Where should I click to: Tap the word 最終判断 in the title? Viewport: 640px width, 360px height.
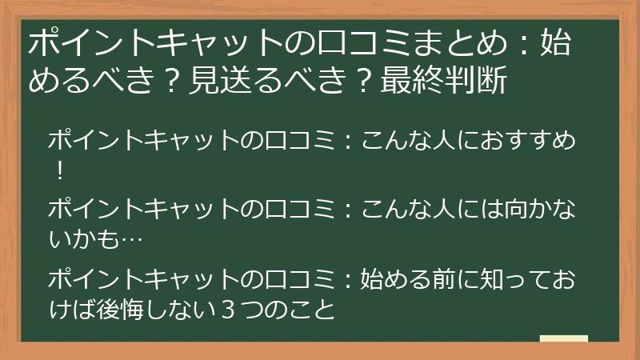point(444,80)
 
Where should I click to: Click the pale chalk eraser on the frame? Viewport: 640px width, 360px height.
point(564,339)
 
